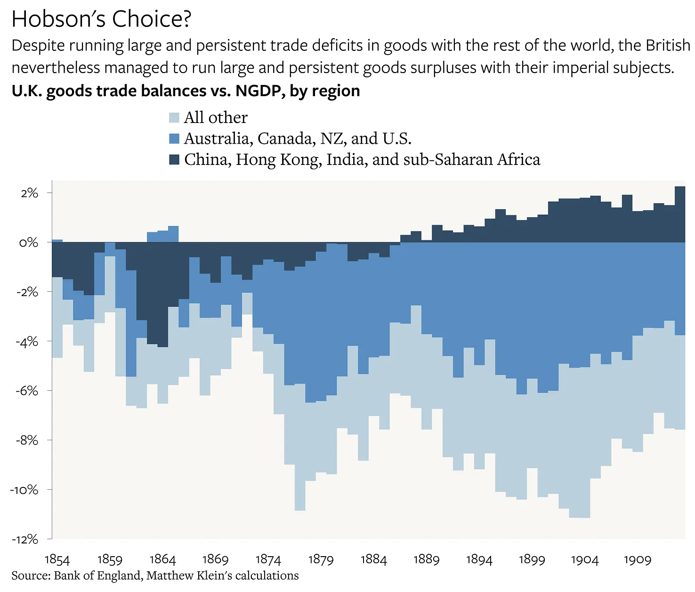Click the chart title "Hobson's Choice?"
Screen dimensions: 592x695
pos(101,19)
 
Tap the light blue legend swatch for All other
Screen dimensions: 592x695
pos(174,118)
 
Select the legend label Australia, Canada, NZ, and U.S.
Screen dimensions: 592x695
pos(298,139)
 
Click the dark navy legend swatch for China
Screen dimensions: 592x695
pos(174,160)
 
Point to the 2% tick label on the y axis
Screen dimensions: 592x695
pos(29,193)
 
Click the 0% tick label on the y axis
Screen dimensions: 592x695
pos(29,242)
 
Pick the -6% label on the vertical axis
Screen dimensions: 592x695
pos(27,391)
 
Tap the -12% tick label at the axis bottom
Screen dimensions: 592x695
pos(25,539)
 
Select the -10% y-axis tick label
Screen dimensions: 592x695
pos(25,490)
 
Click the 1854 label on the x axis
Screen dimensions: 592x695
pos(57,559)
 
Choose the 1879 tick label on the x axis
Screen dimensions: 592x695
pos(321,559)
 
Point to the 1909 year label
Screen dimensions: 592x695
pos(637,559)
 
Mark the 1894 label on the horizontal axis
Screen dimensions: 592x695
pos(479,559)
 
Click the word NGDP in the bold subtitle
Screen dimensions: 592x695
pos(258,91)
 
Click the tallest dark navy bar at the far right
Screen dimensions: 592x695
pos(680,214)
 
